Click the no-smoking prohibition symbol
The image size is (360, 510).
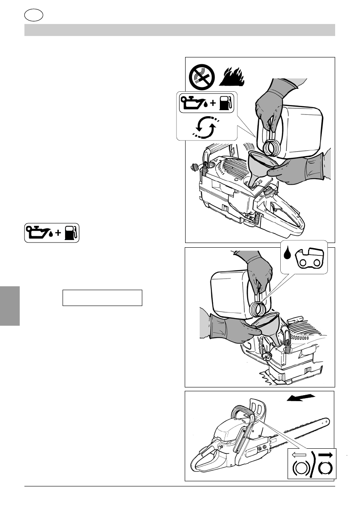click(202, 77)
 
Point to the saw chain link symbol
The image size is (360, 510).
click(312, 258)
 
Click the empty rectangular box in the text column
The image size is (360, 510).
click(102, 297)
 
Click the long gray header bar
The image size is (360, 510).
click(180, 30)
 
